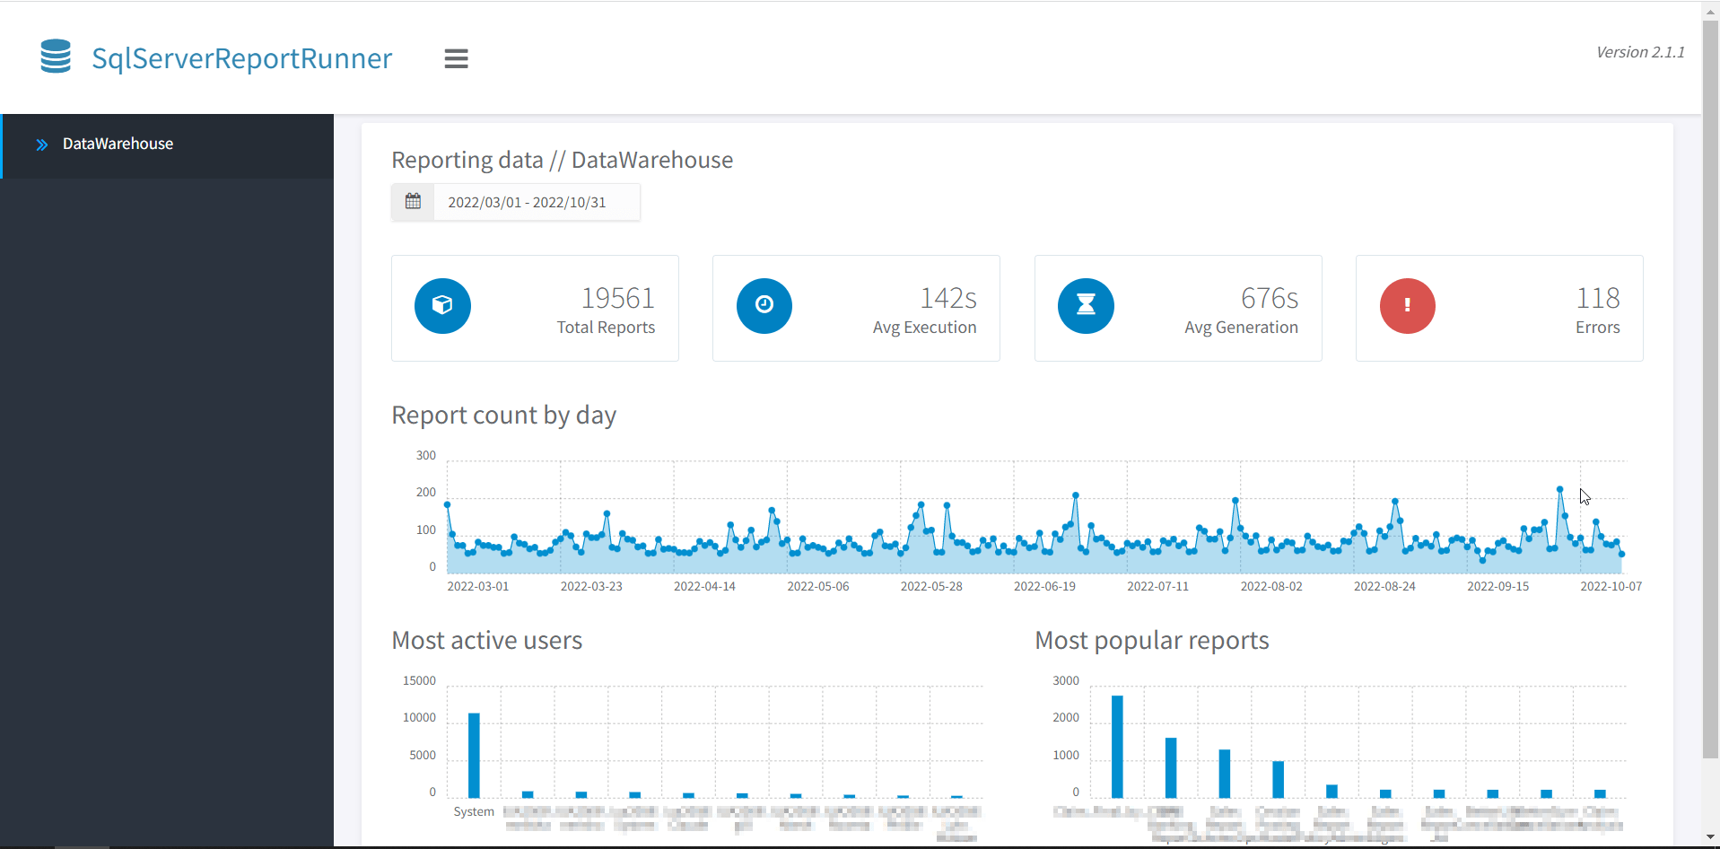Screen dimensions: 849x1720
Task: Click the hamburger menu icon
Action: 456,58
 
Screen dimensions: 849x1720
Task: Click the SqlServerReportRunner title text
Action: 241,58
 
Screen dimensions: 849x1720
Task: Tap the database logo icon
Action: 56,57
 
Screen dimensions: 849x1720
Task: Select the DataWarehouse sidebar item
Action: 118,144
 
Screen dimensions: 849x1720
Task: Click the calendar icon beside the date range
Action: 413,202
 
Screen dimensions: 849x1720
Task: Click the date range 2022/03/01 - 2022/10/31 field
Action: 527,203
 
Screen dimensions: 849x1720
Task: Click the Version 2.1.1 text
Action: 1639,52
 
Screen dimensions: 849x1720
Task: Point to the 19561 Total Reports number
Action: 617,298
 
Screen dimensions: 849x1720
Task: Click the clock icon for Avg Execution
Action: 764,305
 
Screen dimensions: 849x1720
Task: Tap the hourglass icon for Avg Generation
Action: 1086,305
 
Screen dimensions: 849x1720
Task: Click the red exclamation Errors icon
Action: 1407,305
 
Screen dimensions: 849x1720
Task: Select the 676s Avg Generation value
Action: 1269,298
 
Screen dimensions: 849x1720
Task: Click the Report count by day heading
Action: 503,415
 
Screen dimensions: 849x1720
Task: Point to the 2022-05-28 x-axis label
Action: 930,586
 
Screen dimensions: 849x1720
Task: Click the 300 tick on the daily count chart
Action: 425,455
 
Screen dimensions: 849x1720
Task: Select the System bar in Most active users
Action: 474,756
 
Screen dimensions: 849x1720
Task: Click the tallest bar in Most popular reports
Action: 1117,747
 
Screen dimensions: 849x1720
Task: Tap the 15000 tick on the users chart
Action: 419,680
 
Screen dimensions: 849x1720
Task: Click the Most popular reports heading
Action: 1151,640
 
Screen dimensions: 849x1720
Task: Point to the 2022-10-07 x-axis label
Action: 1611,586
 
